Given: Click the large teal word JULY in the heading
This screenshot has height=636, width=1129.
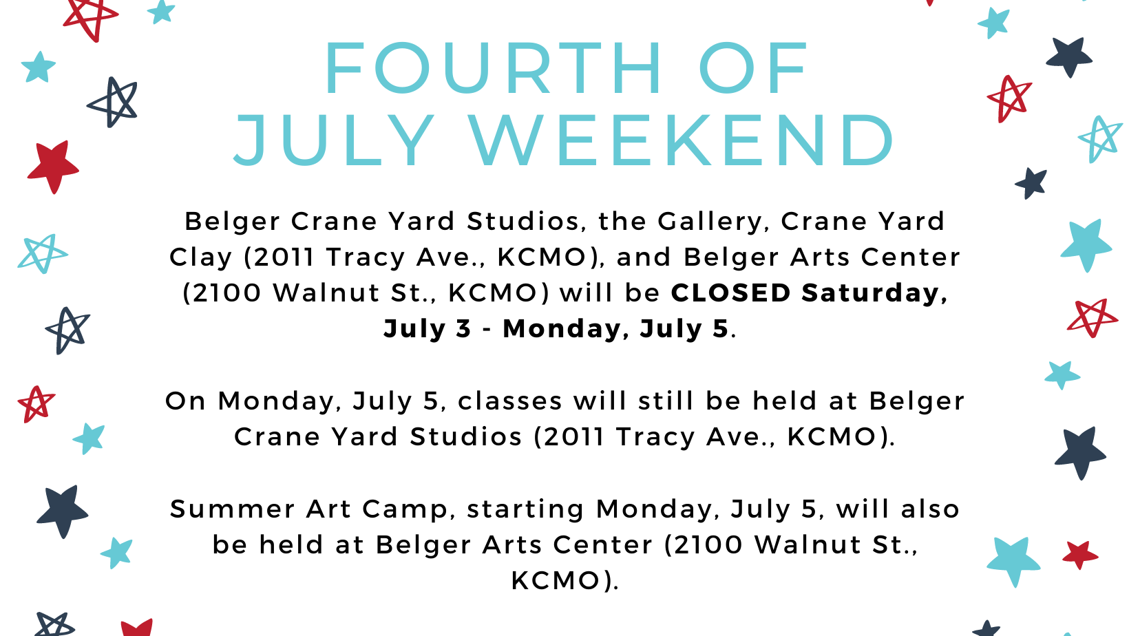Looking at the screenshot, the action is tap(334, 140).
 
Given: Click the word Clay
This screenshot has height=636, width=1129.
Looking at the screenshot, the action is tap(200, 258).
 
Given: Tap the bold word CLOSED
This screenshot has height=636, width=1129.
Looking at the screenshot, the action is tap(731, 293).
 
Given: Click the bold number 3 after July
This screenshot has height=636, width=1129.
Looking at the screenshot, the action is tap(463, 329).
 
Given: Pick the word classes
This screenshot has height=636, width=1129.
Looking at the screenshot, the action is tap(509, 401).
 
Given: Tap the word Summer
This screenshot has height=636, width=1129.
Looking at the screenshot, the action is tap(233, 509).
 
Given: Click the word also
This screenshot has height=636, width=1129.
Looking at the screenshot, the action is tap(930, 509).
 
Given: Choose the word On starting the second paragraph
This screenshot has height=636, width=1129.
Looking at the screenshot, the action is tap(185, 401).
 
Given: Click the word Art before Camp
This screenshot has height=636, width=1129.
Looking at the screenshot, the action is tap(328, 509).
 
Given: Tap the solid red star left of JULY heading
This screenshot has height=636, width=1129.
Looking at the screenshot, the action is tap(52, 167).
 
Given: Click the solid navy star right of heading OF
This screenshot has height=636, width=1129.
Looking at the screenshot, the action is tap(1068, 57).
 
